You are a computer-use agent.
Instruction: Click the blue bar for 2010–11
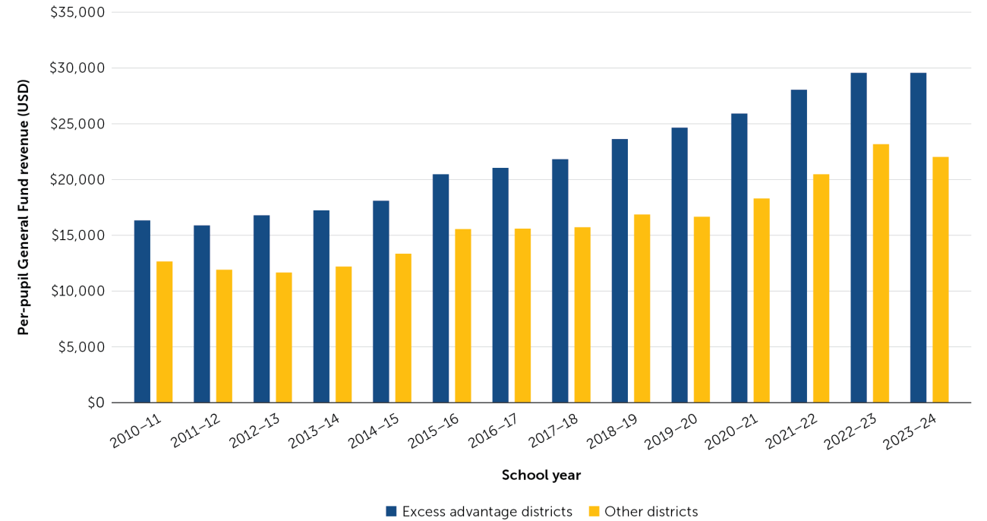(x=142, y=311)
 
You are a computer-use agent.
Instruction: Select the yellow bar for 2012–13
(x=284, y=337)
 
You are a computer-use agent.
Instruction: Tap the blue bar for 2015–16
(x=440, y=289)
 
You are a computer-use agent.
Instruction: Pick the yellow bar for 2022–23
(x=881, y=273)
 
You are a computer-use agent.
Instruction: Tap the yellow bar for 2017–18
(x=582, y=314)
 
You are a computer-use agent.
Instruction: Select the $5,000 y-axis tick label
(x=80, y=347)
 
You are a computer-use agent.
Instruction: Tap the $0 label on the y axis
(x=94, y=403)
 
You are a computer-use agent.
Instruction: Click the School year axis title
(x=541, y=475)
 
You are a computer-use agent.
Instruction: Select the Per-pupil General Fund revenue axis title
(x=24, y=207)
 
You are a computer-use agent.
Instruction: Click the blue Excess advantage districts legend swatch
(x=391, y=511)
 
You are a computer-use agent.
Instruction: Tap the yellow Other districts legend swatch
(x=593, y=511)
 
